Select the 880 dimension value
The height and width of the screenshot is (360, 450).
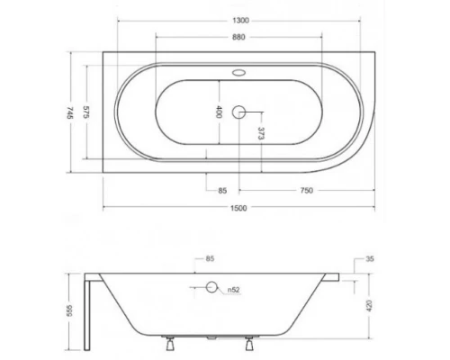(238, 39)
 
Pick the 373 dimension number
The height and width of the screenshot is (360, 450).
(260, 136)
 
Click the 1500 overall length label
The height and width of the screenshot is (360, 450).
(238, 209)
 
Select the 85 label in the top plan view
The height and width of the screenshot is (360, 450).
(221, 189)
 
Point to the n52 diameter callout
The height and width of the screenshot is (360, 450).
(232, 289)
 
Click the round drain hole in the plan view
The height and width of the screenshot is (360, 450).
(239, 113)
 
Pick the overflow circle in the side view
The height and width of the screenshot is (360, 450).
(212, 288)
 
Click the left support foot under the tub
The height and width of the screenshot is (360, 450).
(169, 343)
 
